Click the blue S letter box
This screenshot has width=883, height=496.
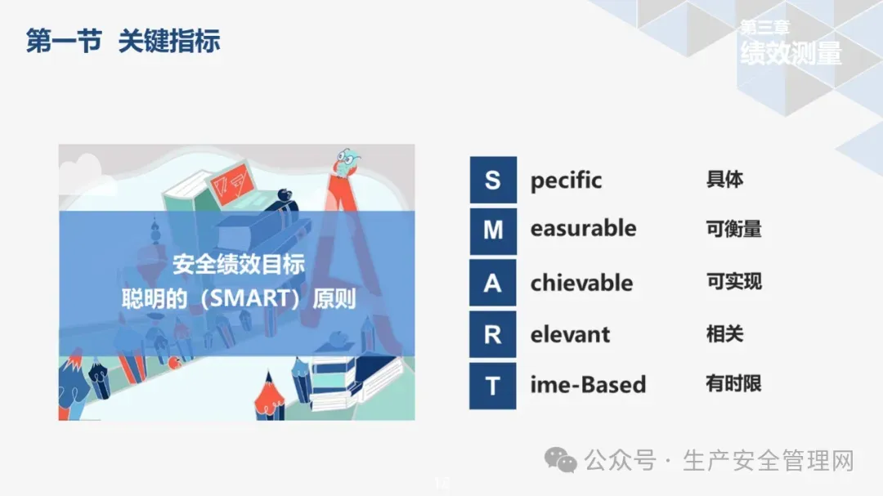[x=493, y=180]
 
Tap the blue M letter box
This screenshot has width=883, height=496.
[x=493, y=230]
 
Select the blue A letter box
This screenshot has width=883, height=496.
[x=493, y=283]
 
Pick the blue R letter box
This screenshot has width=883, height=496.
[x=493, y=334]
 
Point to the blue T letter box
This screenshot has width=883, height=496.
[x=493, y=387]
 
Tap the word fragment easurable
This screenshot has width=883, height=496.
[x=584, y=229]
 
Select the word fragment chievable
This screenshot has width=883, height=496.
[x=582, y=283]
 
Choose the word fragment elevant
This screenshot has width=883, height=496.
[x=570, y=334]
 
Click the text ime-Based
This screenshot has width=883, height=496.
[x=588, y=385]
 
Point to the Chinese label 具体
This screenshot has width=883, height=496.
[x=724, y=180]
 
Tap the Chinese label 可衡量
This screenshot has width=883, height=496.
[x=733, y=229]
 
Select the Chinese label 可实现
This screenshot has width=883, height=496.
[x=733, y=281]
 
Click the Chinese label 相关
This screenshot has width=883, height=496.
[x=724, y=334]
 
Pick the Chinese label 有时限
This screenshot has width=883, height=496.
[x=733, y=384]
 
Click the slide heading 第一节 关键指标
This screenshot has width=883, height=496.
[x=123, y=41]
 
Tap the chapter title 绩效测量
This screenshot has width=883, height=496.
[x=791, y=53]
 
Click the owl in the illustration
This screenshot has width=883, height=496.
[x=346, y=163]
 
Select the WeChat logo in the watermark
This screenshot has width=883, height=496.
[x=560, y=460]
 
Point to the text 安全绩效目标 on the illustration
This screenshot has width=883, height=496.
[x=239, y=264]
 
